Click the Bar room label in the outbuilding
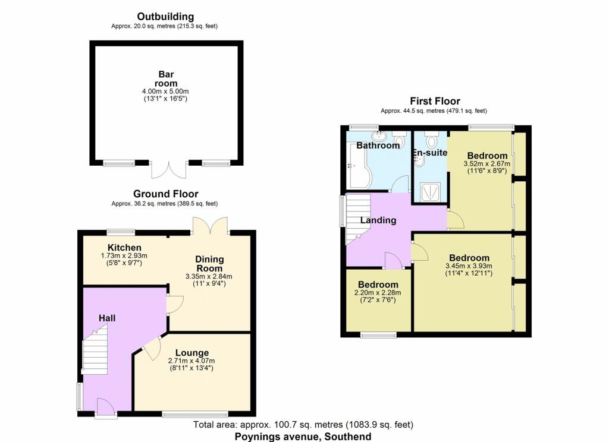(166, 79)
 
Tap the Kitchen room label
(124, 248)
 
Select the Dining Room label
(209, 264)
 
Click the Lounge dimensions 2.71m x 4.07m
(192, 361)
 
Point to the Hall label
(107, 318)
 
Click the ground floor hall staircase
(95, 351)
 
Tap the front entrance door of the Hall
(105, 408)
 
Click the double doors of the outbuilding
(169, 169)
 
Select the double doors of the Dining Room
(210, 226)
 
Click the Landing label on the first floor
(378, 220)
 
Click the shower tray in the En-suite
(431, 192)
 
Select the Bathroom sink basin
(378, 136)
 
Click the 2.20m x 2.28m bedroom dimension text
(378, 293)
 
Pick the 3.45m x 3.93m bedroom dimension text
(469, 266)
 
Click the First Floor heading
(435, 101)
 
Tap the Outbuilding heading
(165, 17)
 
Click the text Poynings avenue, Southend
(303, 437)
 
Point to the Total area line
(303, 425)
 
